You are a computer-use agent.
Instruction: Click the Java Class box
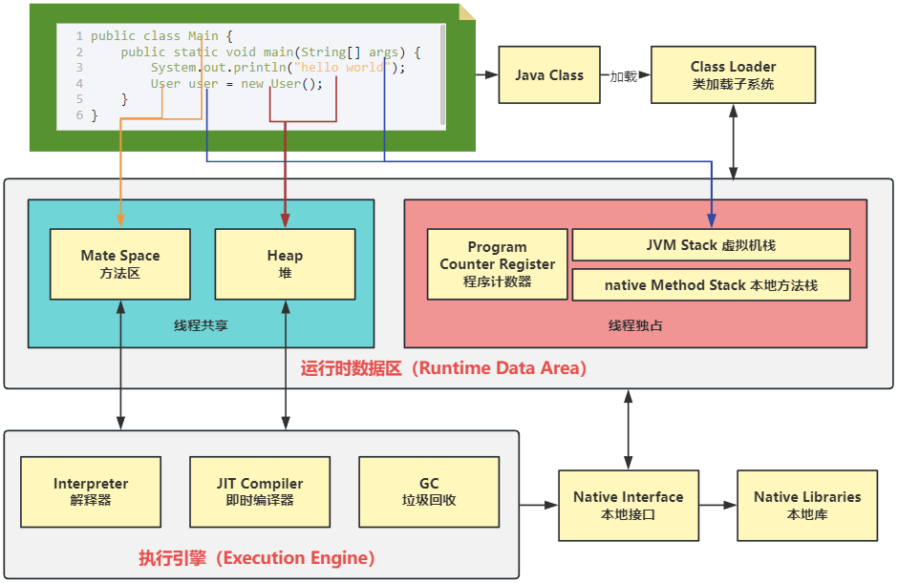pos(549,75)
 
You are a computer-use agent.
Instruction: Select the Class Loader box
pos(733,75)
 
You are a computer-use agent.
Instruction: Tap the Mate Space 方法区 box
pos(120,264)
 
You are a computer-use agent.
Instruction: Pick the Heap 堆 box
pos(285,264)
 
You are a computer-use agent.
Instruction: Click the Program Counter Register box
pos(497,264)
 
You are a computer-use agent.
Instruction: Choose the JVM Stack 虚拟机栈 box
pos(711,245)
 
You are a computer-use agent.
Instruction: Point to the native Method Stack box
pos(711,285)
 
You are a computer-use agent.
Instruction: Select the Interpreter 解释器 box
pos(91,491)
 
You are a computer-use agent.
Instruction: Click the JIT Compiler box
pos(259,491)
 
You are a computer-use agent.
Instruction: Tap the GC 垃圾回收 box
pos(429,491)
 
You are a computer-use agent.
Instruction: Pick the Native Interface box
pos(628,505)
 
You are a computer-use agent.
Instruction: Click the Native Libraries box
pos(807,505)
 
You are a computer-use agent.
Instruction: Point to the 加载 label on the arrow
pos(623,76)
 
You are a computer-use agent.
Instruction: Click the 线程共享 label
pos(201,325)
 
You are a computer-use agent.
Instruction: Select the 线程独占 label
pos(635,325)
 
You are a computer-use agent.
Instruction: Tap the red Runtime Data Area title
pos(443,368)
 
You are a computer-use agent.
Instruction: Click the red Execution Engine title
pos(256,558)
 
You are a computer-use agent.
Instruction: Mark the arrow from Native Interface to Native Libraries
pos(717,505)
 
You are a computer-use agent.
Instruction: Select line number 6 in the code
pos(79,115)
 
